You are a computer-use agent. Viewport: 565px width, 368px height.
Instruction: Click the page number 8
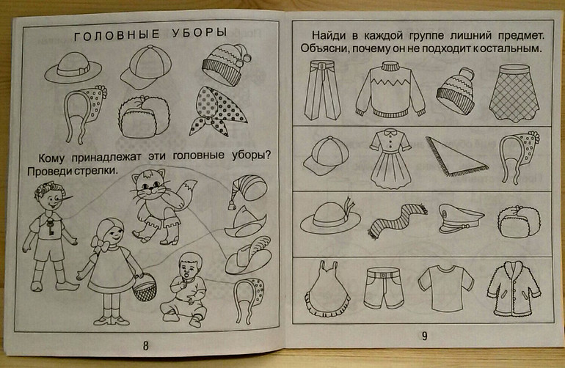pos(145,346)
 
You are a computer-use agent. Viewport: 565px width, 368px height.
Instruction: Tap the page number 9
pos(424,336)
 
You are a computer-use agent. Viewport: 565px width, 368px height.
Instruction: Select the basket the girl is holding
pos(145,287)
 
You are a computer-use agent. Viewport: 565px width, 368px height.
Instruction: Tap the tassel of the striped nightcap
pos(231,205)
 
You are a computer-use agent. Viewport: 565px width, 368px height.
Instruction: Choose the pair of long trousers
pos(322,90)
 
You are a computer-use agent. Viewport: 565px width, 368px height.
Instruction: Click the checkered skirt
pos(514,93)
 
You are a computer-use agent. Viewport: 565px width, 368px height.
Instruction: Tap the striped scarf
pos(397,220)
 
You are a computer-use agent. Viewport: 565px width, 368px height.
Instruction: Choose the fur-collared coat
pos(514,289)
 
